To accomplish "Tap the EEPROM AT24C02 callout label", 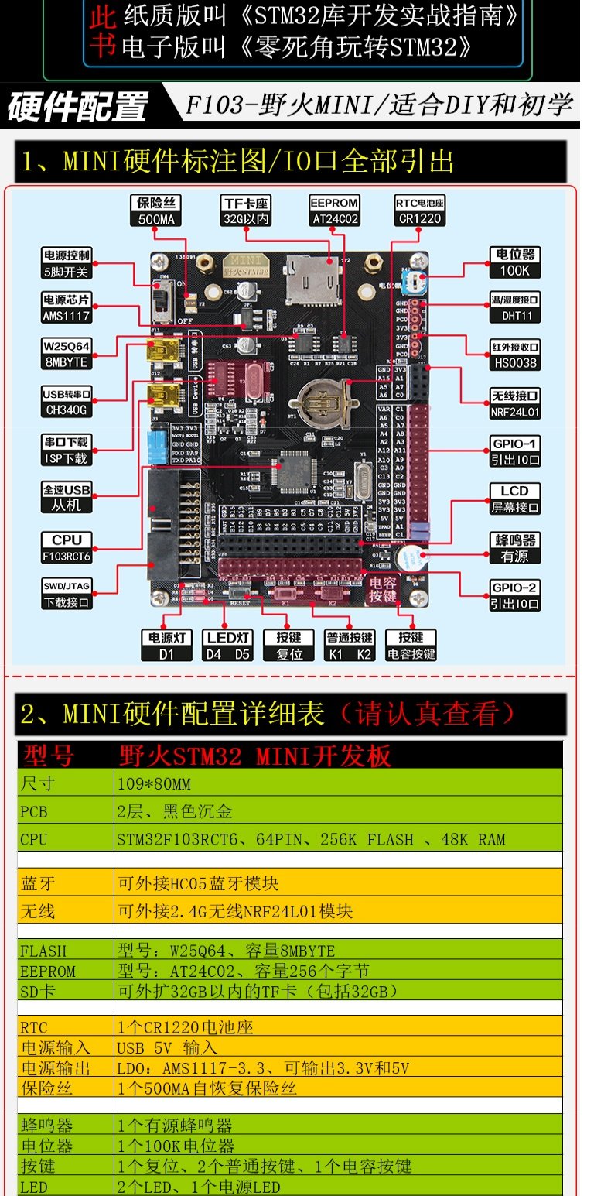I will tap(334, 210).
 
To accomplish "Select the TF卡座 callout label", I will tap(246, 210).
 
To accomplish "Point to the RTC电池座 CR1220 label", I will tap(420, 210).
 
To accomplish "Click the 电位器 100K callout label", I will tap(514, 262).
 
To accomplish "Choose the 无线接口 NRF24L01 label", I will tap(514, 403).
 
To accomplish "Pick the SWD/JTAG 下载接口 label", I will tap(67, 593).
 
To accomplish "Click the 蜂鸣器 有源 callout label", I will tap(514, 547).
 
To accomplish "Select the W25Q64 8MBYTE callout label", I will tap(67, 353).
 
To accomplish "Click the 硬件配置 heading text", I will tap(77, 106).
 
